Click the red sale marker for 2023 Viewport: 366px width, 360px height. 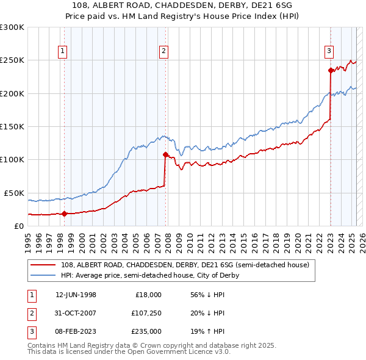pyautogui.click(x=331, y=70)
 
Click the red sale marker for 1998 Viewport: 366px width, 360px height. pyautogui.click(x=65, y=214)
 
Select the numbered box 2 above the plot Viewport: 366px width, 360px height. pyautogui.click(x=164, y=52)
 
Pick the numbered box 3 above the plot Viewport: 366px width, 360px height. pyautogui.click(x=329, y=52)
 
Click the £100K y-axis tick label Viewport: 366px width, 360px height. pyautogui.click(x=12, y=159)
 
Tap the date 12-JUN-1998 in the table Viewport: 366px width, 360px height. pyautogui.click(x=76, y=295)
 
